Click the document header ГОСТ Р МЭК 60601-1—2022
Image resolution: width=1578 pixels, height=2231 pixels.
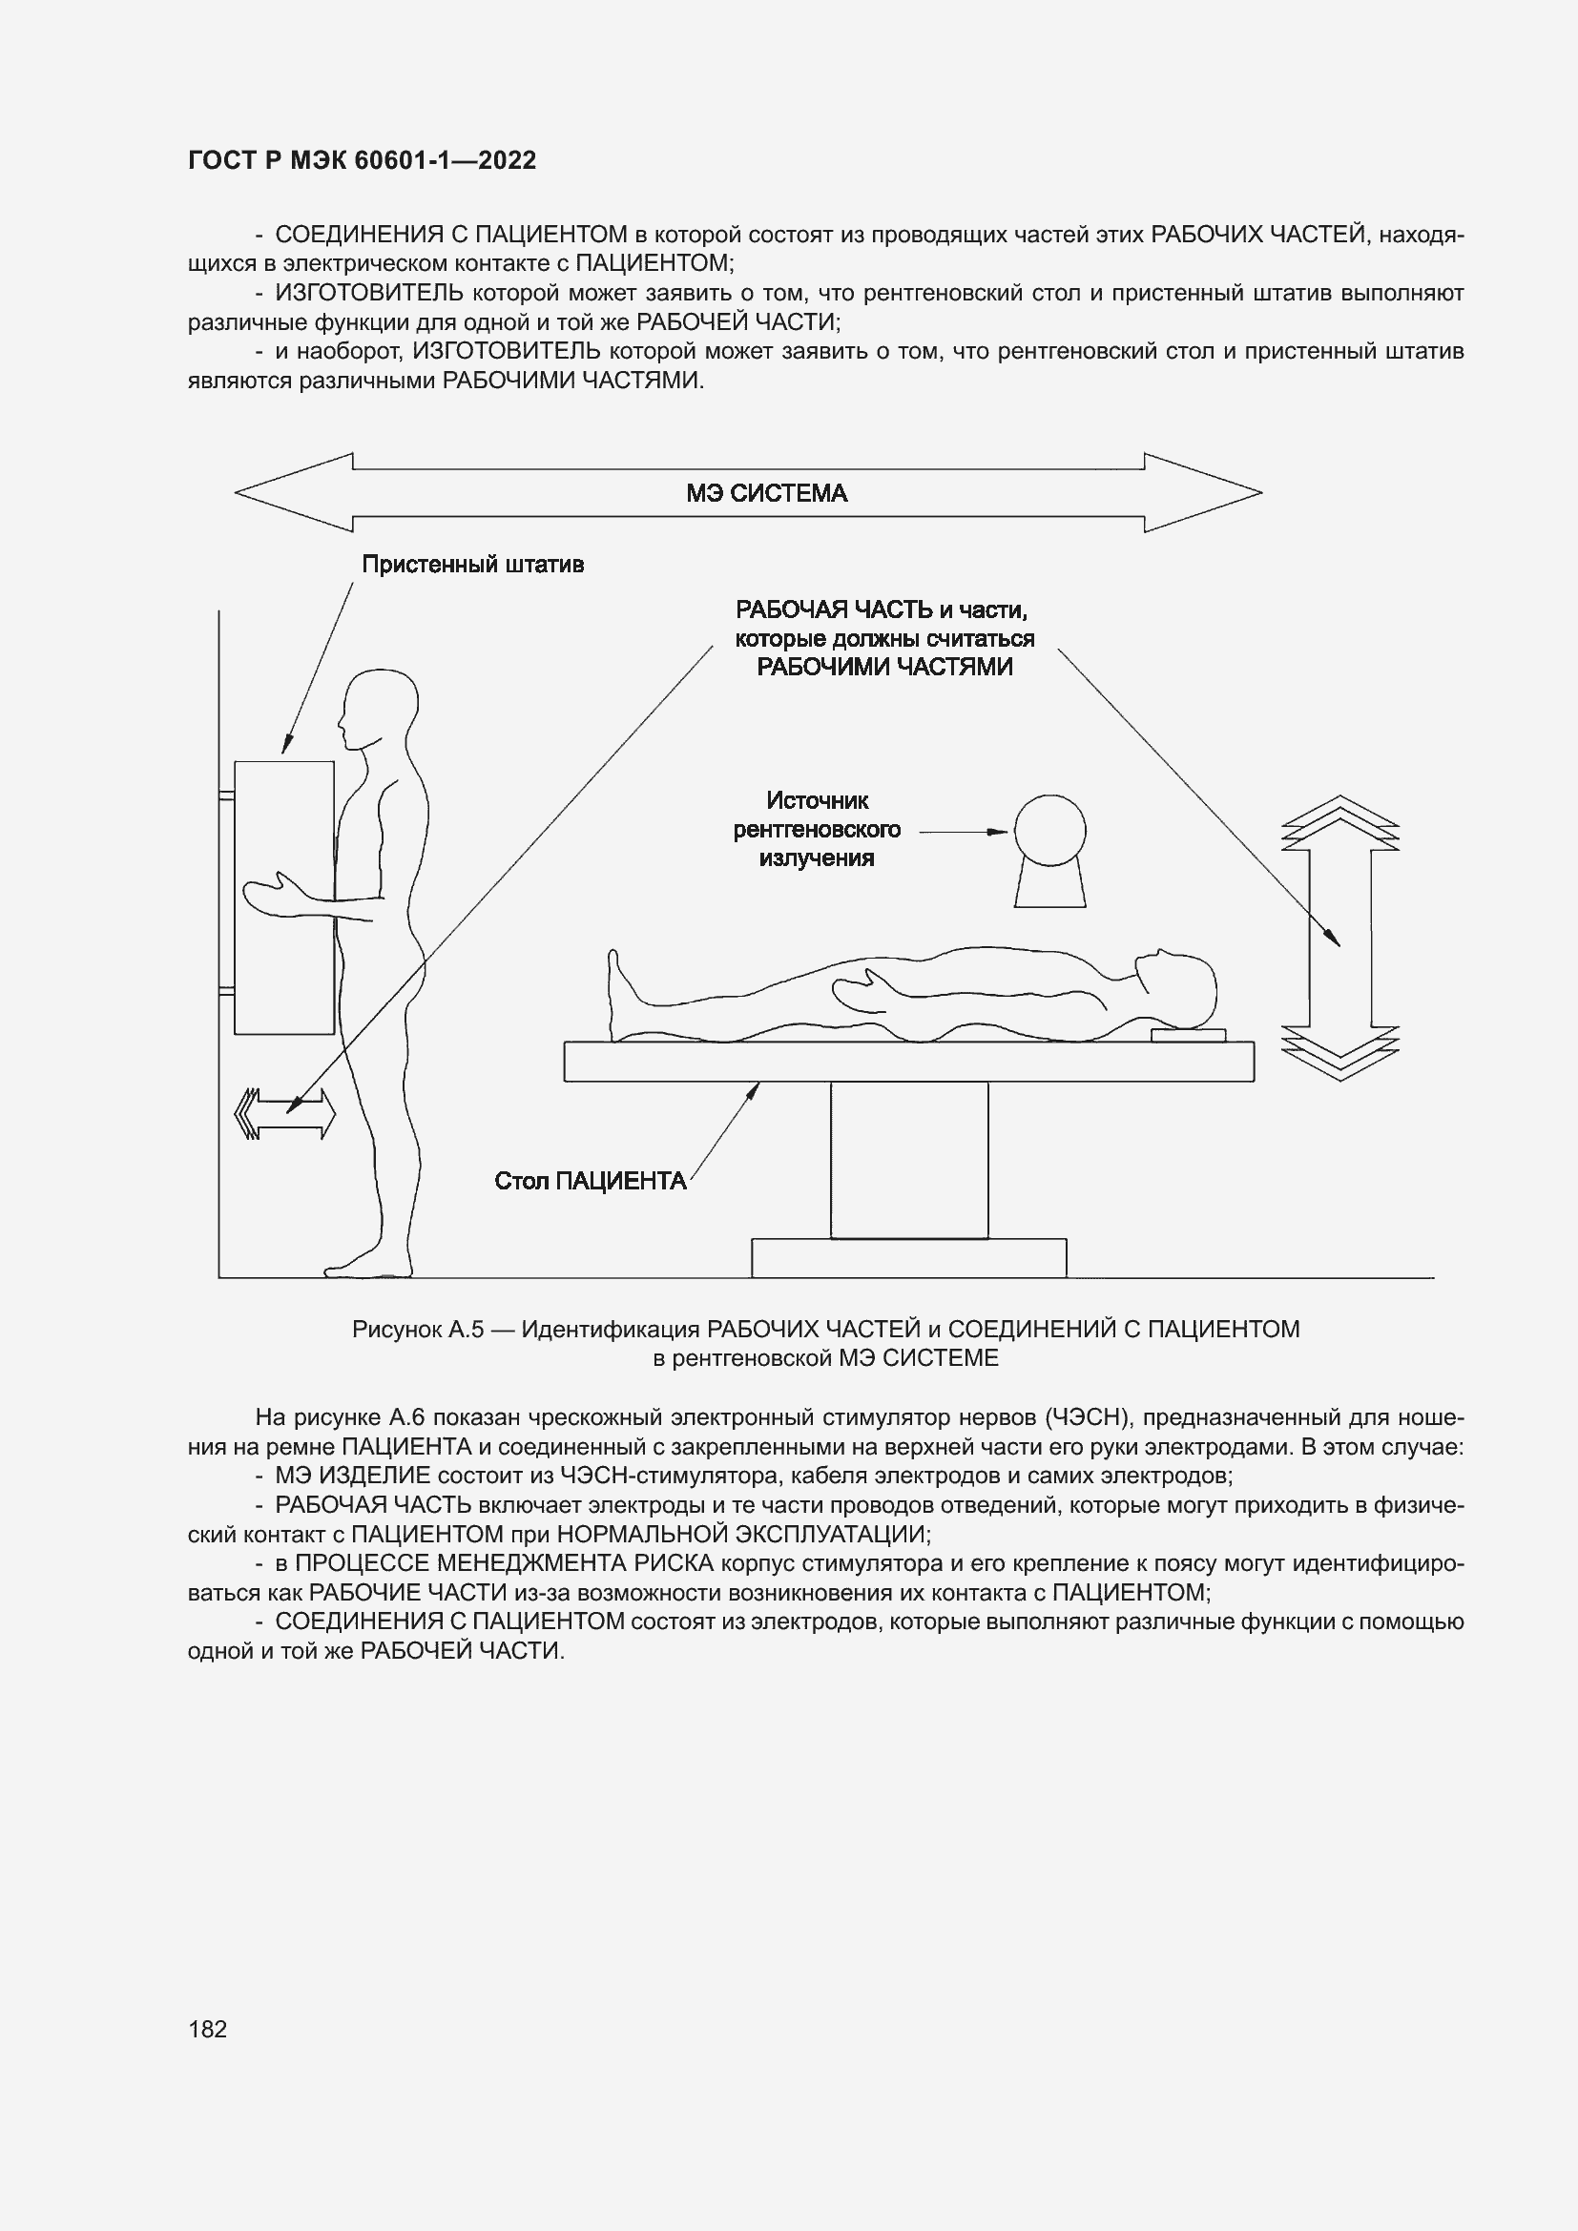362,160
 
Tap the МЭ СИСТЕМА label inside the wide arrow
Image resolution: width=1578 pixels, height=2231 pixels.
766,494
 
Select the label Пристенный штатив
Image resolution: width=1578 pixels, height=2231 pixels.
472,565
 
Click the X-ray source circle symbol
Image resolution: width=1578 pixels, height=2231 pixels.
1049,831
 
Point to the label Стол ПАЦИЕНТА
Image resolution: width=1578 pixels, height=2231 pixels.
590,1181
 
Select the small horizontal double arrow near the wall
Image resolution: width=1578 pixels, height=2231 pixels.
285,1113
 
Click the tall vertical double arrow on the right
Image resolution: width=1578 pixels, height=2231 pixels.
1339,939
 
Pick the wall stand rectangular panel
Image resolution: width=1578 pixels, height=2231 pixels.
283,897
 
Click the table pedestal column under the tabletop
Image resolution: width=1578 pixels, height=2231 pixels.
908,1159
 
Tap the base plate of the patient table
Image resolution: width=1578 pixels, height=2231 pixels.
908,1257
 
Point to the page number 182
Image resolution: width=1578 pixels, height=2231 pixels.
207,2029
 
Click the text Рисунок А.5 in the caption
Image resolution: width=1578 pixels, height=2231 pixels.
418,1330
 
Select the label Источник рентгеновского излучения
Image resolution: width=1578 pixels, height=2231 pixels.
817,830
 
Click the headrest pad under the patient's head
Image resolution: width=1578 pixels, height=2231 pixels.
1188,1035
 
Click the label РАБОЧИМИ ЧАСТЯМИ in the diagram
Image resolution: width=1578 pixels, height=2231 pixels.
884,667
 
